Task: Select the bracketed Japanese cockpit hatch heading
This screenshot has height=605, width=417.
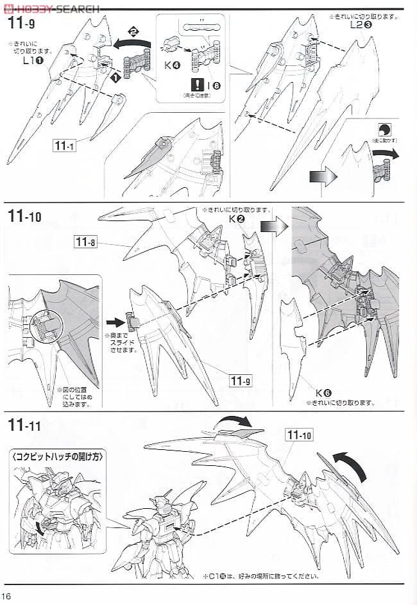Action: (x=58, y=456)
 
